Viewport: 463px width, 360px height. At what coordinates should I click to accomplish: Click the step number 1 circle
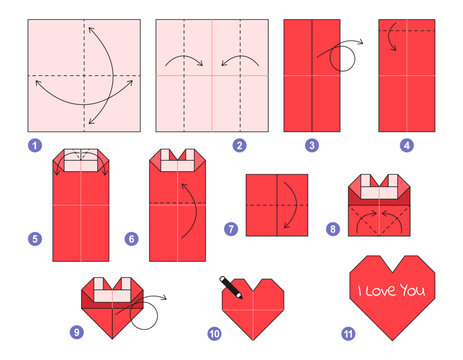(36, 145)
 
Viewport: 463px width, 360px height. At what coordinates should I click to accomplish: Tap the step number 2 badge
(239, 145)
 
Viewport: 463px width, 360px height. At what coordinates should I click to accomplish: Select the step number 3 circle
(312, 145)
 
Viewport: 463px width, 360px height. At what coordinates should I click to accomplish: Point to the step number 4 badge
(407, 145)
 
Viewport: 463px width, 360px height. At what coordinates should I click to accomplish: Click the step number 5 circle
(35, 239)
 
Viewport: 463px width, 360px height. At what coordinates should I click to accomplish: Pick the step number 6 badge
(132, 239)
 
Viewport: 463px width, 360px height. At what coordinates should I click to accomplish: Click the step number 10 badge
(213, 333)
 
